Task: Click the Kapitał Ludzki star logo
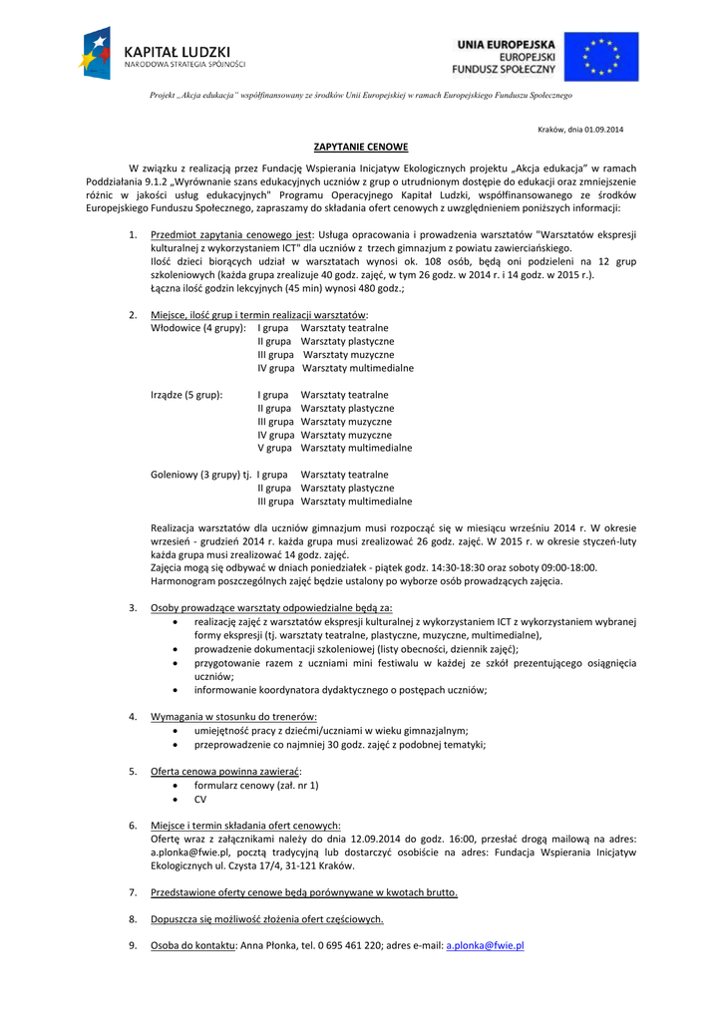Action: tap(97, 54)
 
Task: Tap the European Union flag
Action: tap(600, 56)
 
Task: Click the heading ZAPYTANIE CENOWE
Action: tap(361, 147)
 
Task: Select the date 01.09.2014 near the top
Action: tap(603, 130)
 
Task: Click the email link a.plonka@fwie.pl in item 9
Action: tap(485, 945)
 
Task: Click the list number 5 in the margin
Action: tap(133, 771)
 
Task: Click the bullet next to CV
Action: tap(177, 799)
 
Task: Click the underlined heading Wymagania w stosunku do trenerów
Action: tap(233, 716)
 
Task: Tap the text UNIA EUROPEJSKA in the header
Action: tap(506, 44)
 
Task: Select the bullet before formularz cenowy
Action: tap(177, 785)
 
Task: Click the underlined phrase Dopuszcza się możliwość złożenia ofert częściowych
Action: tap(266, 919)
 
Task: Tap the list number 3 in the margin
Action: tap(133, 607)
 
